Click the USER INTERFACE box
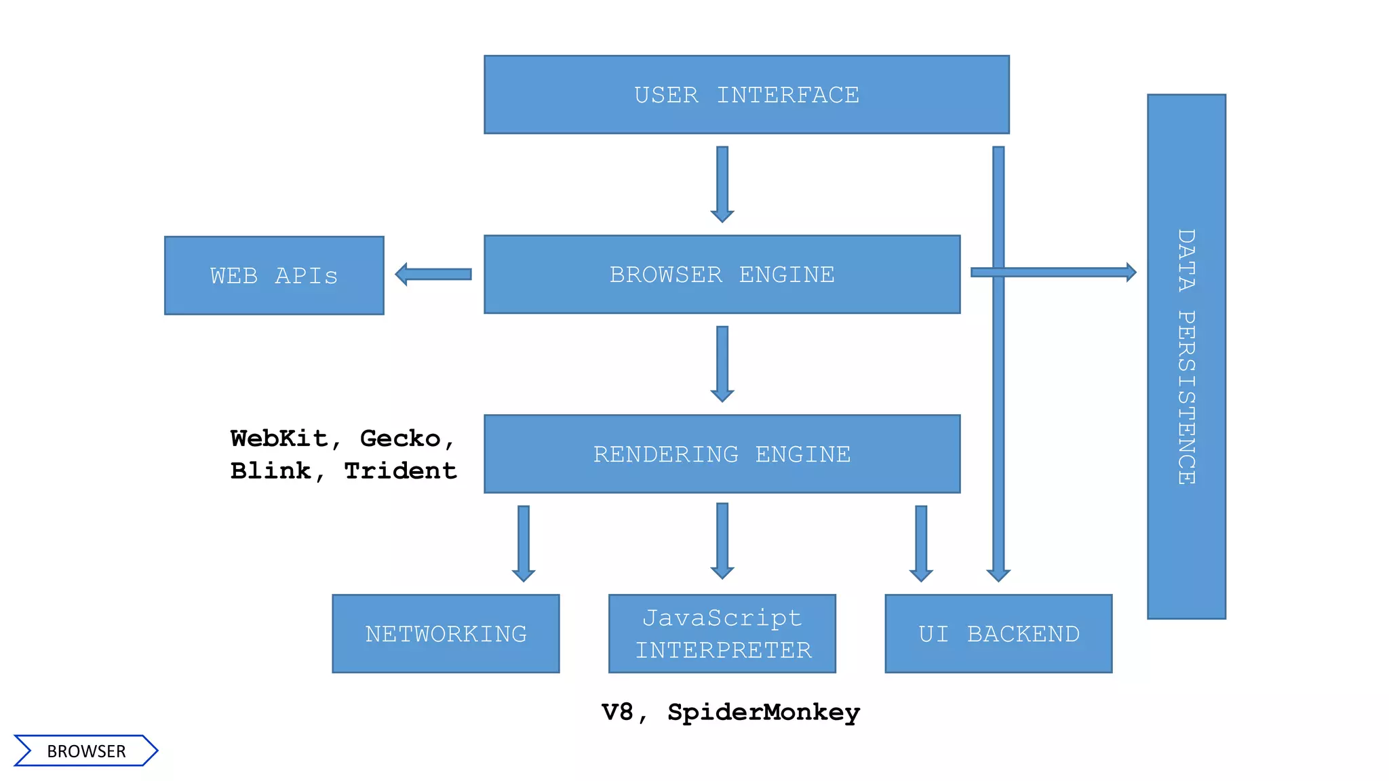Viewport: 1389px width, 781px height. click(746, 95)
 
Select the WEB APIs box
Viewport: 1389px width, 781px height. click(274, 275)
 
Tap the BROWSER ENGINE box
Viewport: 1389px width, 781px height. click(722, 275)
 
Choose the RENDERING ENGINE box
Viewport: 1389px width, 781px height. click(722, 454)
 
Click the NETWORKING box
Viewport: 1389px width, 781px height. click(446, 634)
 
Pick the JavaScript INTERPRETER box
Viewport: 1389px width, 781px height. click(722, 634)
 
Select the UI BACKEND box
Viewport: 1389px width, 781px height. click(998, 634)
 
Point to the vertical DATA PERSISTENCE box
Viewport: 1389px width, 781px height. click(1186, 357)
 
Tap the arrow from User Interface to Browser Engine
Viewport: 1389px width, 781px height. click(722, 183)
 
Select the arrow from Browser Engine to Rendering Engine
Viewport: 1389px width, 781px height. click(722, 363)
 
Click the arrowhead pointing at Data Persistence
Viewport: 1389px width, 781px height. click(1131, 272)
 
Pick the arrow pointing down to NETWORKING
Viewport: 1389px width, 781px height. click(524, 542)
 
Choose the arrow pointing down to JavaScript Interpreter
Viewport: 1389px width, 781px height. click(722, 540)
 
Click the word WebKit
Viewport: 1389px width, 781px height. click(279, 439)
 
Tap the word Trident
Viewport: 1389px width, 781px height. click(400, 470)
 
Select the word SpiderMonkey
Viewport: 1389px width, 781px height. click(763, 712)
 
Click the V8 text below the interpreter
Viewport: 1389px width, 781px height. click(617, 712)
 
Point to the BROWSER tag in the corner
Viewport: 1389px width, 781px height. click(86, 751)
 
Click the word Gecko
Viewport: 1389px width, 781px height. click(400, 439)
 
